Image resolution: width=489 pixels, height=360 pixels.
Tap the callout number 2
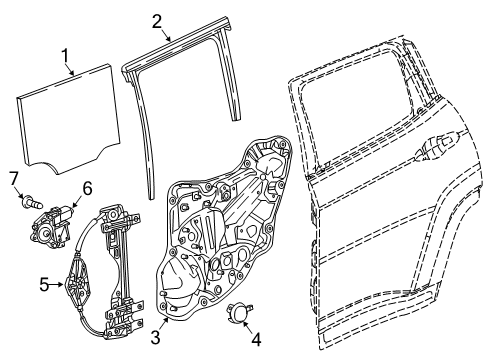[157, 20]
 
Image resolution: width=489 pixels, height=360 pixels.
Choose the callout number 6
[86, 187]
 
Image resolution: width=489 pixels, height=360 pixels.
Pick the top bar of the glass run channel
[185, 59]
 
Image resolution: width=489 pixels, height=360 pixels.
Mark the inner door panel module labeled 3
[220, 230]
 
